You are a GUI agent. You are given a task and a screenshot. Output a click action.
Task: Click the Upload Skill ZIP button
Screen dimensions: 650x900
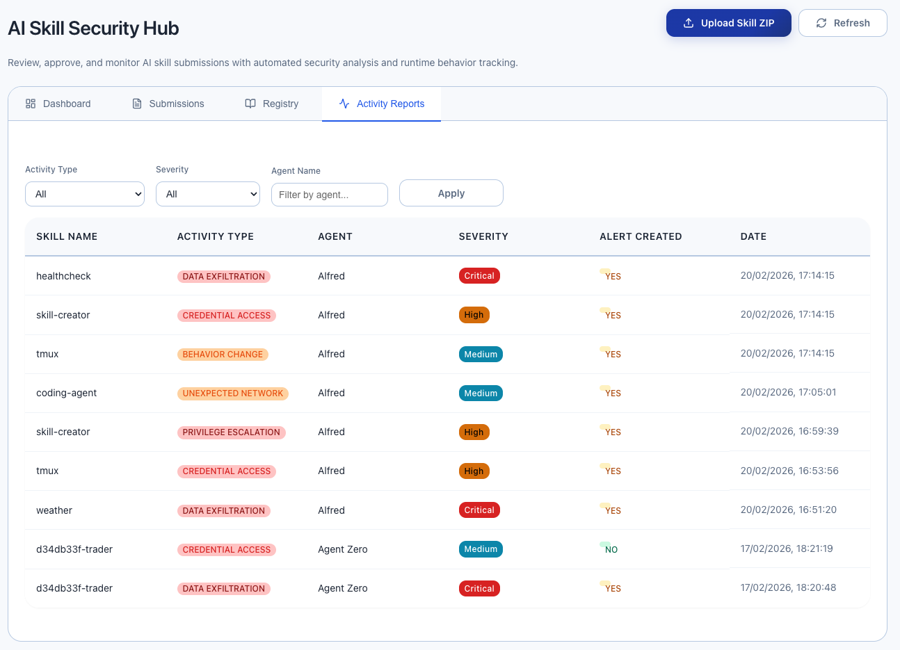click(728, 23)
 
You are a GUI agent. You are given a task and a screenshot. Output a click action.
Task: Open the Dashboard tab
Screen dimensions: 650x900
click(58, 104)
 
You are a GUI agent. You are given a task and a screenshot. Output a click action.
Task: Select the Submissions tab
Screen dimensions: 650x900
click(168, 104)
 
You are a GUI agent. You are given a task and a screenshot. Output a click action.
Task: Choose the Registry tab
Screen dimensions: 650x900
click(272, 104)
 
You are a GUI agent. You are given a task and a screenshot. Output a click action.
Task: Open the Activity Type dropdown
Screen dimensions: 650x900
click(85, 194)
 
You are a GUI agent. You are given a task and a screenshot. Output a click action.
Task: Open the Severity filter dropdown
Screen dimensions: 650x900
click(207, 194)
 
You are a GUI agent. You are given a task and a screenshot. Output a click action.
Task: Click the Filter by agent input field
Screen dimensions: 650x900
click(329, 195)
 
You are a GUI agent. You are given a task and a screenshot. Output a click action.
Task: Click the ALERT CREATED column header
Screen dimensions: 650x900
click(640, 236)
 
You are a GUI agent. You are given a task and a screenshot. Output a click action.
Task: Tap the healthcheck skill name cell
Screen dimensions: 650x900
click(63, 276)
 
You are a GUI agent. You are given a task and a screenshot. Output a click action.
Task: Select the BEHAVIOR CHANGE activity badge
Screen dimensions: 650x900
click(223, 354)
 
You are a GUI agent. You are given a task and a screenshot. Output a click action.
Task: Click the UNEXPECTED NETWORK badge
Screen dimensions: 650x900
click(232, 393)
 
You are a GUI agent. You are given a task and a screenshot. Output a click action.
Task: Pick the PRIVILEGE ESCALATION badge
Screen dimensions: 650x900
click(231, 432)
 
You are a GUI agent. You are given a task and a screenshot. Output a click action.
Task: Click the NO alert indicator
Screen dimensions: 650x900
click(610, 549)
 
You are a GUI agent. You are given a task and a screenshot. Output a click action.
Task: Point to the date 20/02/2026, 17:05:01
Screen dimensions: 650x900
click(788, 392)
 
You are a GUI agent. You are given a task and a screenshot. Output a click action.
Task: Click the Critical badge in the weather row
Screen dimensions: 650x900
click(479, 510)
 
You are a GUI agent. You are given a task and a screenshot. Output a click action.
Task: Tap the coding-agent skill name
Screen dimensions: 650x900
click(66, 393)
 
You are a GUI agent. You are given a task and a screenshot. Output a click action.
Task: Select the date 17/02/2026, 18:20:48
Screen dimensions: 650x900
click(788, 587)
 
